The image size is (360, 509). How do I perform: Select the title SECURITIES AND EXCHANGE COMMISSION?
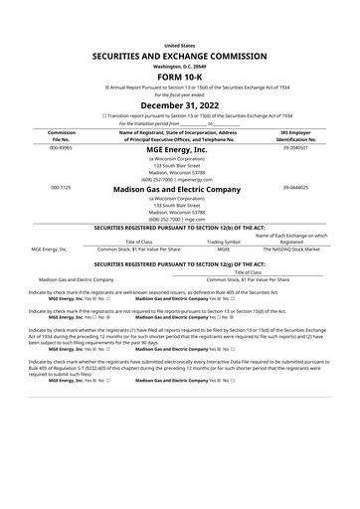click(180, 60)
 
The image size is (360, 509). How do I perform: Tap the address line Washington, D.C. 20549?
click(180, 67)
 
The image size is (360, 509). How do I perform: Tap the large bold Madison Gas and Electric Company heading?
click(180, 188)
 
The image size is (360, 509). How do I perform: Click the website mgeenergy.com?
click(196, 177)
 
